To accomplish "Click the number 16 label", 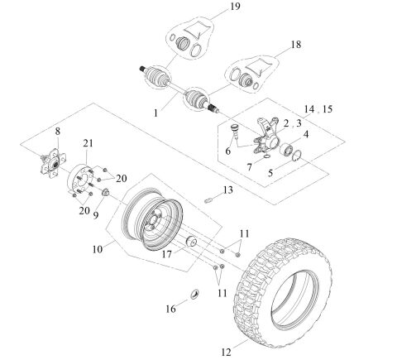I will [x=170, y=308].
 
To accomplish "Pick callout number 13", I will [x=228, y=190].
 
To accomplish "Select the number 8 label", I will [x=57, y=131].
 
